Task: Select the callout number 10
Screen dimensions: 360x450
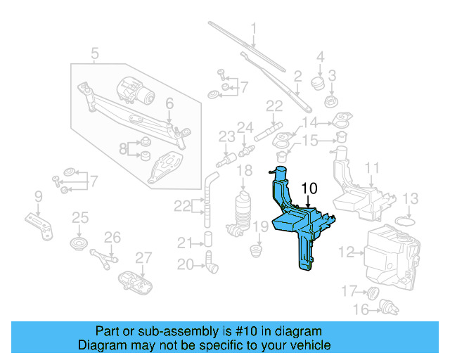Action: [x=309, y=188]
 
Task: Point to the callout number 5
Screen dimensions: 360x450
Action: [x=95, y=52]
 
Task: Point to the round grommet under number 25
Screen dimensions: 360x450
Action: [x=79, y=245]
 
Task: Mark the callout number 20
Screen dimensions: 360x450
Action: [x=185, y=265]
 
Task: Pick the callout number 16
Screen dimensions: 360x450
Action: [x=360, y=309]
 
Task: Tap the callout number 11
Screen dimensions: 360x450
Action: [x=372, y=168]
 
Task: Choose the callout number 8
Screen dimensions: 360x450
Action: [x=123, y=148]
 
